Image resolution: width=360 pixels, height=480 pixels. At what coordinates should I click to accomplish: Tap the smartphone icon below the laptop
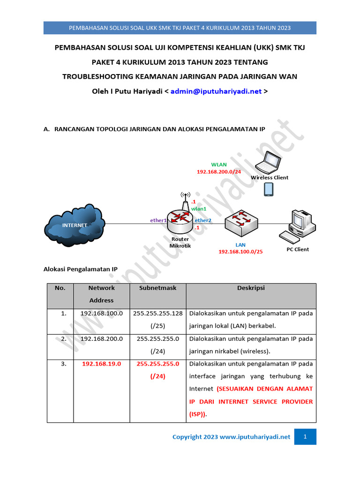pyautogui.click(x=269, y=189)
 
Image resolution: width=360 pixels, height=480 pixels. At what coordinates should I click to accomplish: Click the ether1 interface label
pyautogui.click(x=158, y=220)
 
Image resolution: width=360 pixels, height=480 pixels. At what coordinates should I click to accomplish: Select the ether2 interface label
pyautogui.click(x=203, y=220)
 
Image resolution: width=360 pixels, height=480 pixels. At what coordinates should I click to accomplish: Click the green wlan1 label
pyautogui.click(x=198, y=209)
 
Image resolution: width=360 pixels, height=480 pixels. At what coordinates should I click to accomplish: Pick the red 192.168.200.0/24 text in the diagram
pyautogui.click(x=218, y=172)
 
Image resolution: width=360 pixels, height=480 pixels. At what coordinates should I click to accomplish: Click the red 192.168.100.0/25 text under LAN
pyautogui.click(x=240, y=252)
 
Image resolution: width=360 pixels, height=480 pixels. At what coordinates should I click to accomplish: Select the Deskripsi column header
pyautogui.click(x=251, y=288)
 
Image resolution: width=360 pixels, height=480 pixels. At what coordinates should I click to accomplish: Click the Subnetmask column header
pyautogui.click(x=157, y=288)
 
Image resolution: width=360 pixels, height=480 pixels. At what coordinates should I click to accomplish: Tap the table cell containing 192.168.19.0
pyautogui.click(x=101, y=364)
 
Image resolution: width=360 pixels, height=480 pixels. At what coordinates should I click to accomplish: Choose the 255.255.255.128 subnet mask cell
pyautogui.click(x=157, y=313)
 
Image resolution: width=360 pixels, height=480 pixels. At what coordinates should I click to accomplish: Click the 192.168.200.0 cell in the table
pyautogui.click(x=101, y=338)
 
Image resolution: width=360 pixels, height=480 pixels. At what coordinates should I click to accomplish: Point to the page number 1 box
pyautogui.click(x=305, y=437)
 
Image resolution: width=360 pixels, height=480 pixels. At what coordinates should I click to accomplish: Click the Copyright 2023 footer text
pyautogui.click(x=231, y=437)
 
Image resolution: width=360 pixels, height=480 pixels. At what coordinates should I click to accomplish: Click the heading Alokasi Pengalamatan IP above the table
pyautogui.click(x=80, y=269)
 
